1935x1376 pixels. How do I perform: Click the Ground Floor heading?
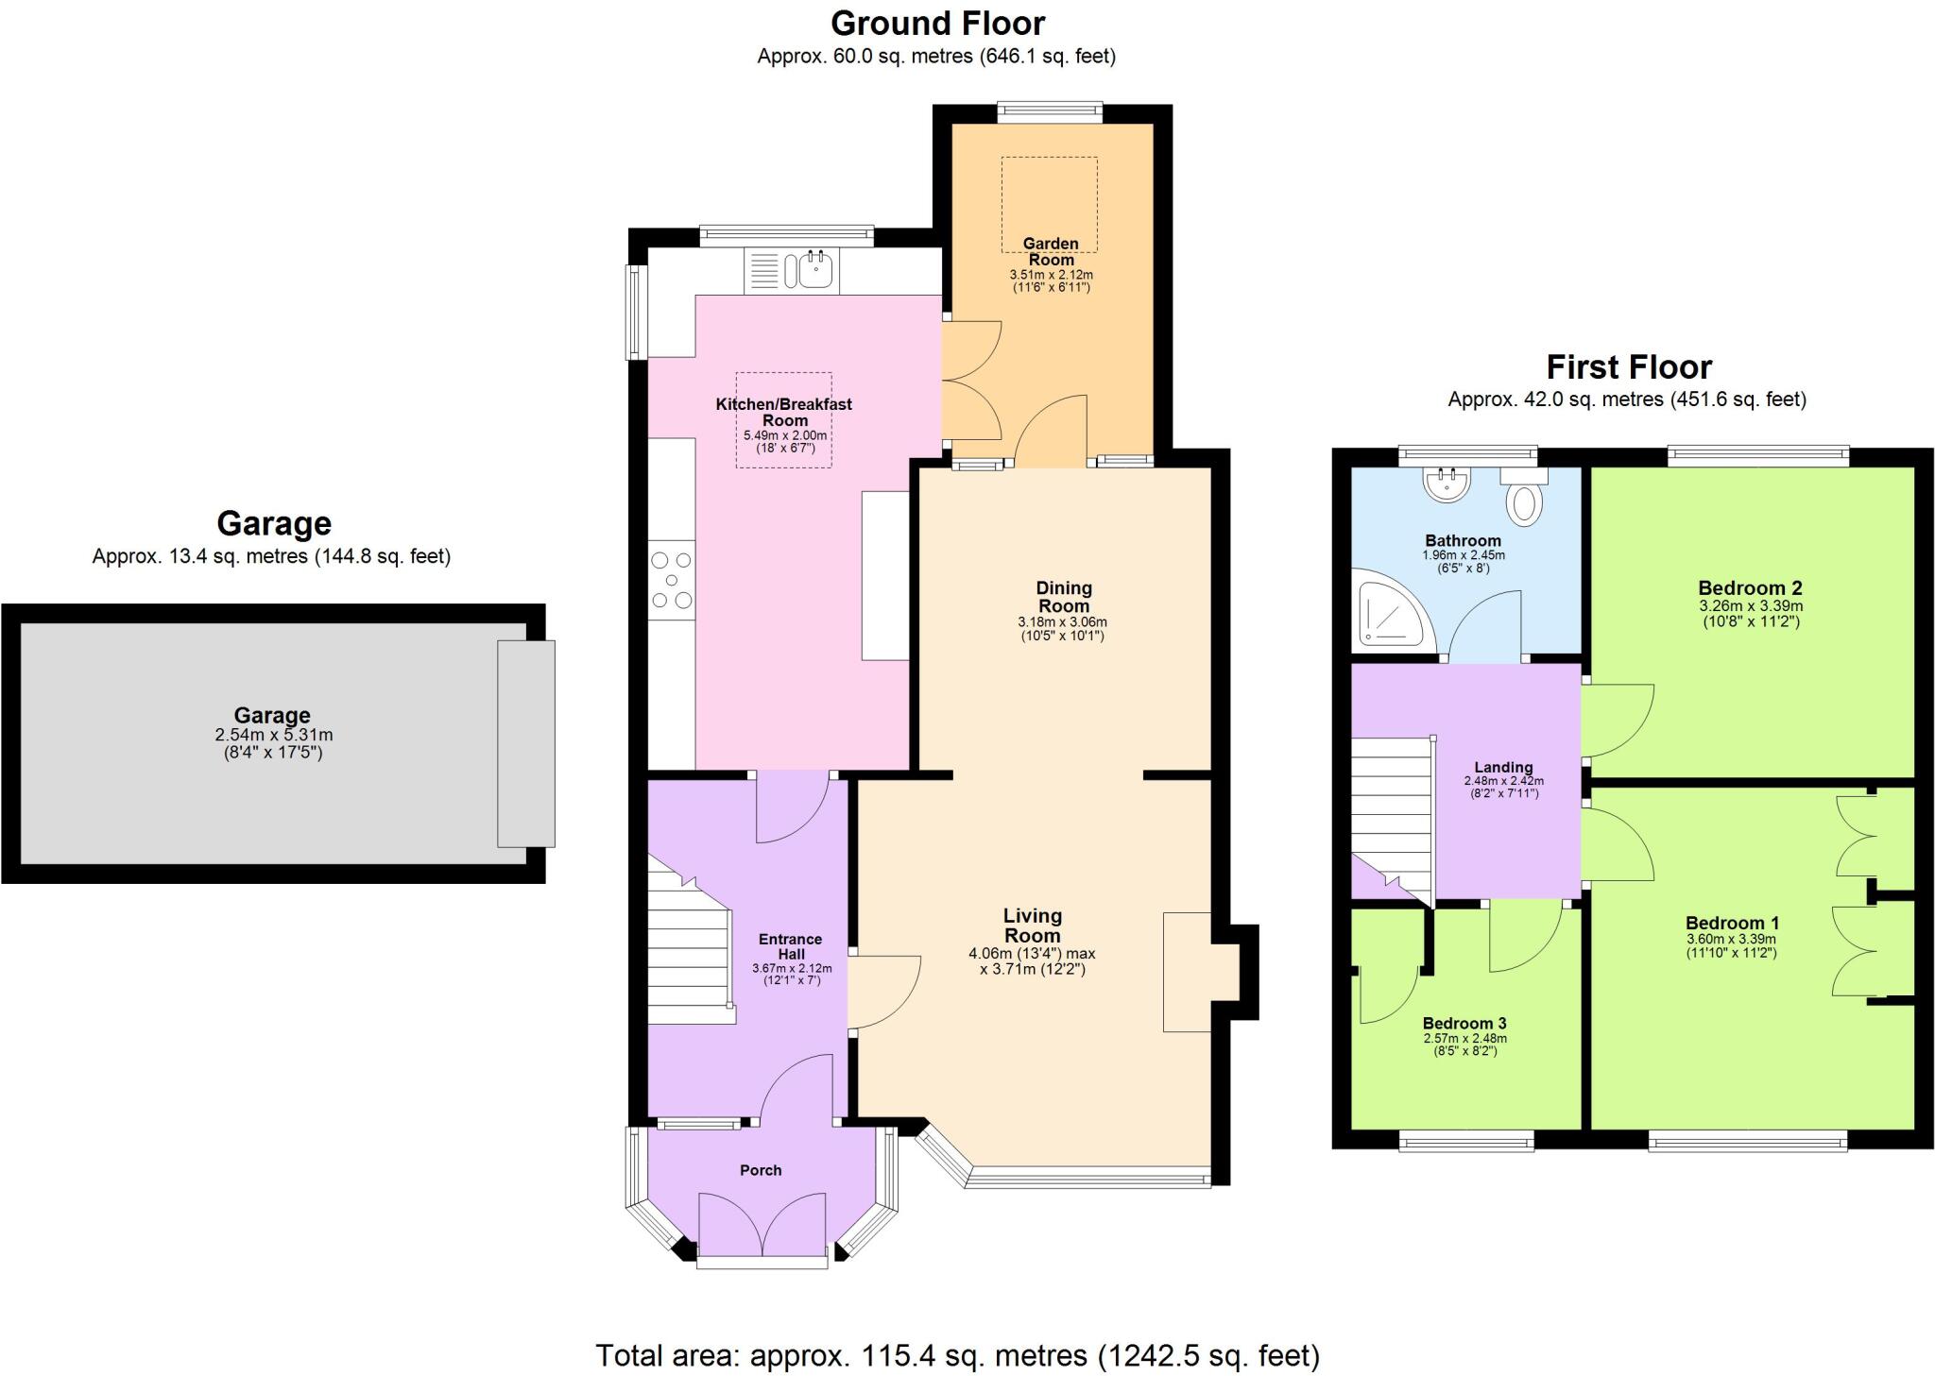tap(937, 23)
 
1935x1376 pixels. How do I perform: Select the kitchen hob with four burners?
tap(672, 580)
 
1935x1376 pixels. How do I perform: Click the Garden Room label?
tap(1051, 251)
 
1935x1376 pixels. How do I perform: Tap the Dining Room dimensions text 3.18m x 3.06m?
tap(1062, 622)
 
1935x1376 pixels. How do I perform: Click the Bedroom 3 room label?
tap(1464, 1024)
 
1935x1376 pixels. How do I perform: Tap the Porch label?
tap(761, 1170)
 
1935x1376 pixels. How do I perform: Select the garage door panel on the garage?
tap(526, 743)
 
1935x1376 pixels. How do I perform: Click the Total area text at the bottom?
tap(957, 1355)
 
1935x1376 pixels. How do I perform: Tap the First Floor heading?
tap(1628, 366)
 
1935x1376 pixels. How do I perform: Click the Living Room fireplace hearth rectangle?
tap(1186, 971)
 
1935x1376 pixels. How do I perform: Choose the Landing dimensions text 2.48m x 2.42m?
tap(1503, 781)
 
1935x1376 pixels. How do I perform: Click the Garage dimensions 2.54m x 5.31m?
tap(273, 735)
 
